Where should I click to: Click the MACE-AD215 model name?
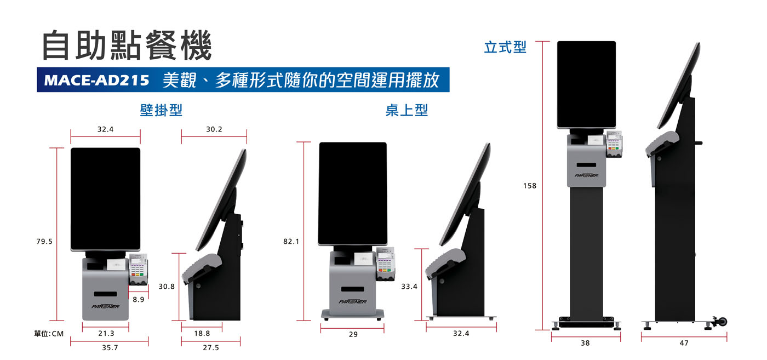click(96, 80)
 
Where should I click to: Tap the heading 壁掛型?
click(161, 110)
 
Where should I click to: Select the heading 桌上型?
click(407, 110)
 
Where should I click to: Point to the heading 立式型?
click(505, 47)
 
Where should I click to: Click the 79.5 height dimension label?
click(44, 242)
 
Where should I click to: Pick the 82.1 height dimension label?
click(291, 242)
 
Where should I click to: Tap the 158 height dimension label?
click(530, 186)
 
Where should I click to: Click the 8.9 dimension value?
click(138, 299)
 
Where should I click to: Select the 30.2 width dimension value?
click(214, 129)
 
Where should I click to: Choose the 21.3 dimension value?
click(106, 333)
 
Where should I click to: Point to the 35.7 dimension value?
click(110, 347)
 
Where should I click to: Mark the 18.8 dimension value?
click(202, 333)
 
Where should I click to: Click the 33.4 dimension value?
click(409, 287)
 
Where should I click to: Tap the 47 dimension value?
click(684, 343)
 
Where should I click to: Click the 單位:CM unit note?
click(49, 334)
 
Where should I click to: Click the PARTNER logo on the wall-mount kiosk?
click(105, 306)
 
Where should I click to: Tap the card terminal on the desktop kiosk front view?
click(386, 264)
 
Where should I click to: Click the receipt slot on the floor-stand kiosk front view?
click(586, 165)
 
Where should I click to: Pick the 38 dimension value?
click(586, 343)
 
